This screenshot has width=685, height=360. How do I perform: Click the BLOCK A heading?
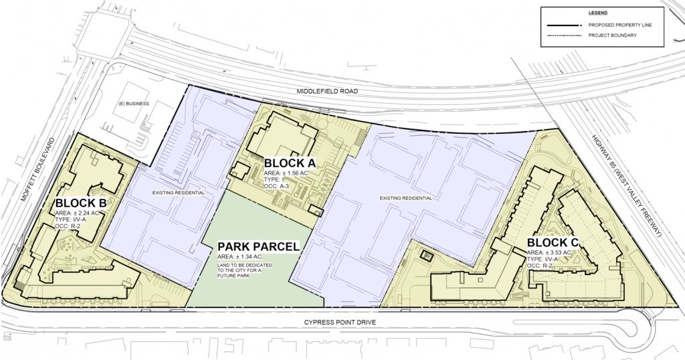point(290,163)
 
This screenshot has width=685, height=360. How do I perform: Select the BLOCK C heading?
point(553,242)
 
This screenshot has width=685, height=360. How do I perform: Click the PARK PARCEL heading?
point(258,246)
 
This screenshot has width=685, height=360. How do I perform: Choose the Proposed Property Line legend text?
point(616,25)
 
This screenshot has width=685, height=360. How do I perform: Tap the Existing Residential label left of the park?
point(179,193)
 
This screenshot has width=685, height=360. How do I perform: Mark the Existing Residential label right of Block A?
point(401,198)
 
